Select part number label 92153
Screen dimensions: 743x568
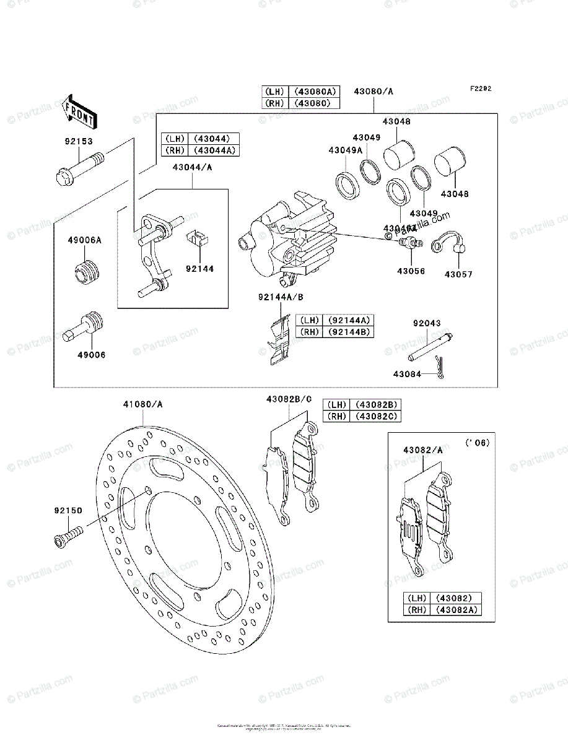point(78,141)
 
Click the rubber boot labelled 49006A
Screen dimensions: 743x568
point(88,273)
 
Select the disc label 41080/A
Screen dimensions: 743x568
point(142,404)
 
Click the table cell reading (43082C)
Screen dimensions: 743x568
point(375,416)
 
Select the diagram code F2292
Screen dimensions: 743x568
point(480,89)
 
